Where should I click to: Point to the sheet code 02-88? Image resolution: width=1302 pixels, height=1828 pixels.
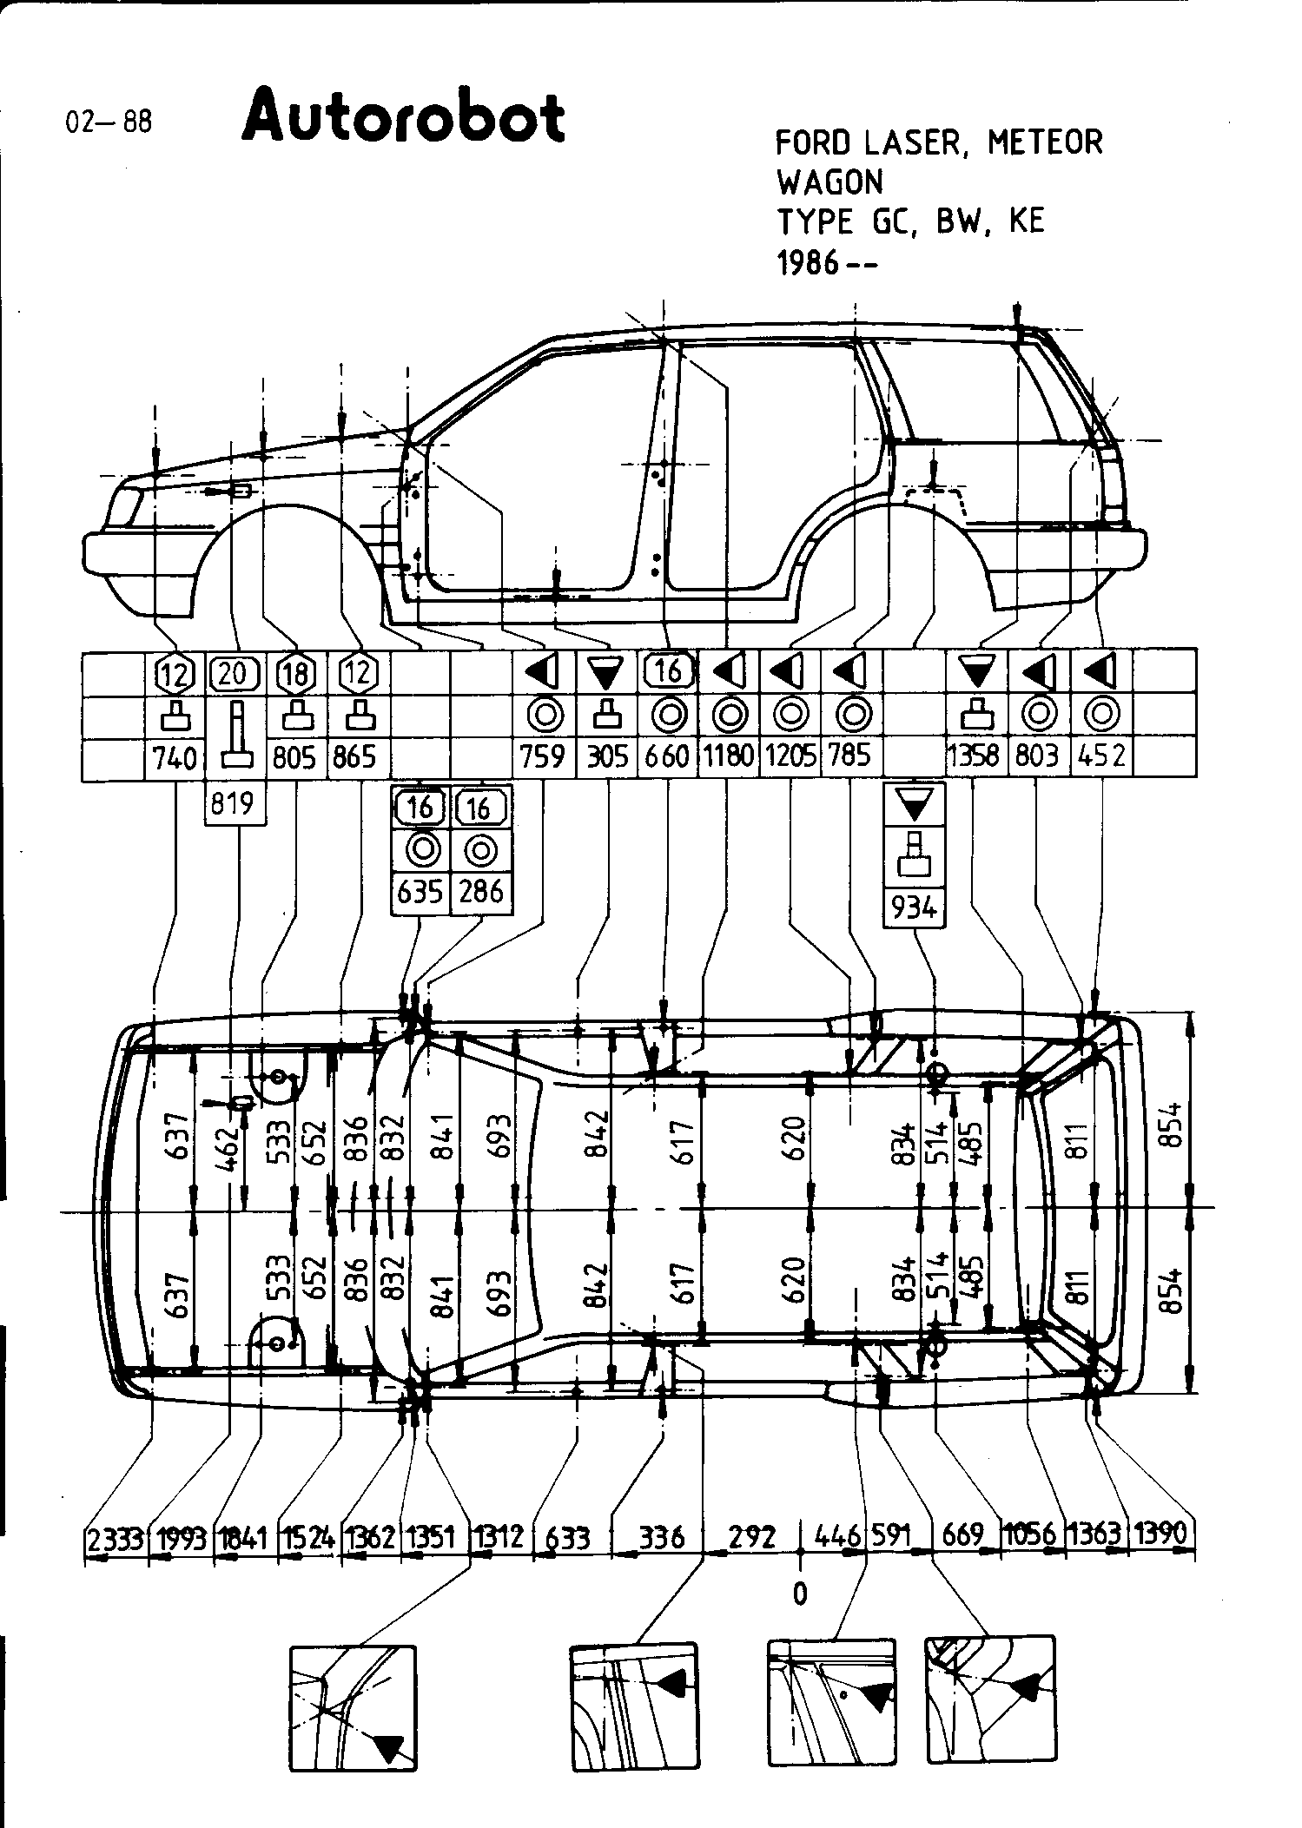[x=109, y=122]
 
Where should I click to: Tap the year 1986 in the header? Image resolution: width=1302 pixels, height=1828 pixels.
[x=807, y=263]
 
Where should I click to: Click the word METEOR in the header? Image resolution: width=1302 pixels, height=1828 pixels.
[x=1044, y=142]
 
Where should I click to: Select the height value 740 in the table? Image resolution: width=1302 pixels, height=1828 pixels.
[x=175, y=758]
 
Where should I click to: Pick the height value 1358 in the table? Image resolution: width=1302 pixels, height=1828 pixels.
[x=975, y=756]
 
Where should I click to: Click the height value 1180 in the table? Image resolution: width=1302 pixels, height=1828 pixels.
[x=728, y=756]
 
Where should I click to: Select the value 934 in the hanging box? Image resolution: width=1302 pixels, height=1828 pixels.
[x=914, y=907]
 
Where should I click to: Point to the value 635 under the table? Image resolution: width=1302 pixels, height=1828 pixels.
[x=420, y=893]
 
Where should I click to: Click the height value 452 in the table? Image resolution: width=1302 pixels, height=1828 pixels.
[x=1101, y=756]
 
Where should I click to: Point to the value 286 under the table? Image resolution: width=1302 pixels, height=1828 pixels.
[x=481, y=893]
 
